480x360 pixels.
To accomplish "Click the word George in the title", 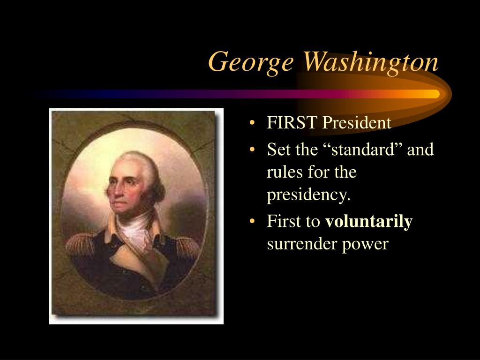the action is pos(251,63).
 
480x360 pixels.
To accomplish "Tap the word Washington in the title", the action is pos(371,63).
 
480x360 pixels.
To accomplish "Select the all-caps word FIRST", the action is pos(292,122).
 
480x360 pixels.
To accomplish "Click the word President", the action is pos(357,122).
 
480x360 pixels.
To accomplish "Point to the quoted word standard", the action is pos(362,150).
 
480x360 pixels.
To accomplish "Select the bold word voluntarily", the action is pos(369,222).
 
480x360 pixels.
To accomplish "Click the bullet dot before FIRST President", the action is pos(252,123).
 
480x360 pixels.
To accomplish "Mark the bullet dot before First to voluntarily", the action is pos(252,221).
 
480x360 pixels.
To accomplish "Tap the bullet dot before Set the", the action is pos(252,150).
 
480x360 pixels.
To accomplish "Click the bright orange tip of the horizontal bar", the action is pos(435,94).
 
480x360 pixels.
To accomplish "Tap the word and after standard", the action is pos(420,150).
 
